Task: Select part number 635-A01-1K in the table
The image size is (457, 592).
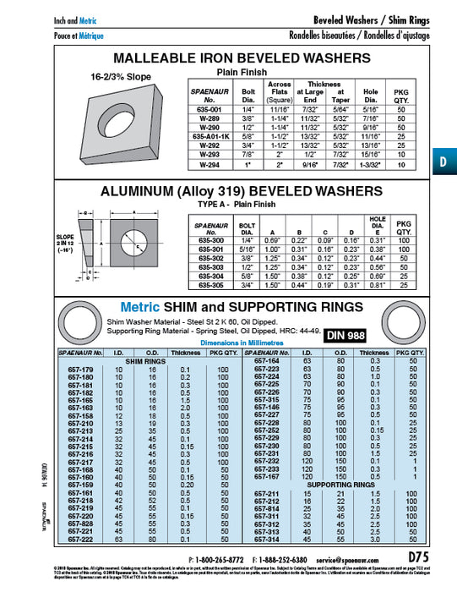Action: [x=210, y=134]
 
